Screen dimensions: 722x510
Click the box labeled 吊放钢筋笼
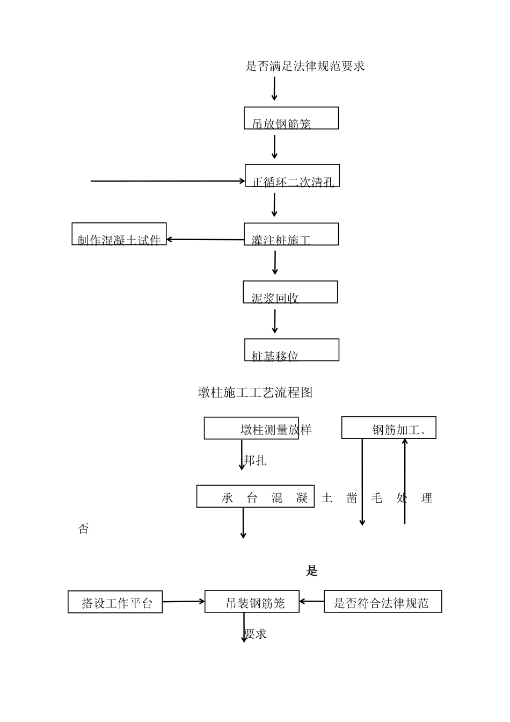[292, 118]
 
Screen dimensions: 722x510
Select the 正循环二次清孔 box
[293, 176]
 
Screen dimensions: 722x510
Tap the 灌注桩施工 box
[292, 234]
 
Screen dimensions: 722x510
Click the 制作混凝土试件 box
[119, 234]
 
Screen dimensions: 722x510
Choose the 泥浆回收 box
[290, 292]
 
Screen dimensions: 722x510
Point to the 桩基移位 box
[292, 350]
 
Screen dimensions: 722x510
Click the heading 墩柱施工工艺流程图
[256, 393]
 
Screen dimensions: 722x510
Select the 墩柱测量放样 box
[251, 428]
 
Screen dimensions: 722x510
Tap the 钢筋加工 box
[389, 428]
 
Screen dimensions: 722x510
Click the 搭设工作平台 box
[115, 602]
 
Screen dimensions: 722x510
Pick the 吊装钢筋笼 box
[252, 602]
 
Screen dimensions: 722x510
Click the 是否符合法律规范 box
[383, 602]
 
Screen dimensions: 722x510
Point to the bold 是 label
[312, 571]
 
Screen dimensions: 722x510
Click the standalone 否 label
[83, 529]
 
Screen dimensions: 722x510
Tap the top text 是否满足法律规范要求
[305, 66]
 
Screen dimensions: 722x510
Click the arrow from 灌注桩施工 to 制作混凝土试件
[205, 240]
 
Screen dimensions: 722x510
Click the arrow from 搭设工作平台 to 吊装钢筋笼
[184, 602]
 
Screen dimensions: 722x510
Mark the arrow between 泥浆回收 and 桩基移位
[275, 321]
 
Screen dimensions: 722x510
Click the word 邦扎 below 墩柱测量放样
[255, 460]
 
